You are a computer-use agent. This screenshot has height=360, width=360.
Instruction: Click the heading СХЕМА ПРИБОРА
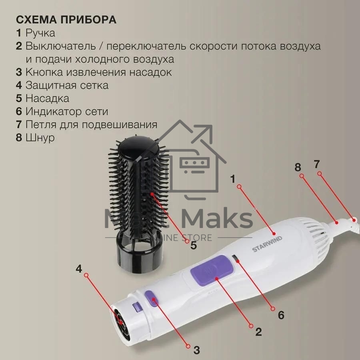[x=66, y=20]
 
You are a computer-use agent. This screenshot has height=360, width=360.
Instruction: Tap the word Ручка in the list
[x=40, y=33]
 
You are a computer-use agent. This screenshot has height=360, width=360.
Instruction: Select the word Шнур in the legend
[x=40, y=138]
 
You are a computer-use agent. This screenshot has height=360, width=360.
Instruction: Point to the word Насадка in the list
[x=47, y=98]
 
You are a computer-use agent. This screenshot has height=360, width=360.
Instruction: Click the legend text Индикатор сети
[x=67, y=112]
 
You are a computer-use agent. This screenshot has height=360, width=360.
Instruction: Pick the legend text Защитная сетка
[x=67, y=86]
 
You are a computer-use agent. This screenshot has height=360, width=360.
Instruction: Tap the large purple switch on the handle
[x=210, y=270]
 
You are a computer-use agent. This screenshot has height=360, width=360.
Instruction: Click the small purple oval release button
[x=152, y=298]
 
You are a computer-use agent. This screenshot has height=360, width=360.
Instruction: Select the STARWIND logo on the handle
[x=267, y=244]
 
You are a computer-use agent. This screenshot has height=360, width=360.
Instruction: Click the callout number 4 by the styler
[x=79, y=269]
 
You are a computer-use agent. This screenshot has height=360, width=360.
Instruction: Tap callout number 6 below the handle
[x=281, y=315]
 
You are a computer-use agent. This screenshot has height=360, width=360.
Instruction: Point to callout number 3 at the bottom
[x=196, y=350]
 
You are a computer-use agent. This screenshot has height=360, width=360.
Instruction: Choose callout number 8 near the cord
[x=298, y=167]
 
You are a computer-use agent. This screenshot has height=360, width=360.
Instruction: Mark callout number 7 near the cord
[x=317, y=164]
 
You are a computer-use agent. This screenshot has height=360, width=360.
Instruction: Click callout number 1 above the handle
[x=233, y=179]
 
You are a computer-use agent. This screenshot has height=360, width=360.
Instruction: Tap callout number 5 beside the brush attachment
[x=194, y=245]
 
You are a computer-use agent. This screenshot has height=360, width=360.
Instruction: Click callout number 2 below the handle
[x=258, y=332]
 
